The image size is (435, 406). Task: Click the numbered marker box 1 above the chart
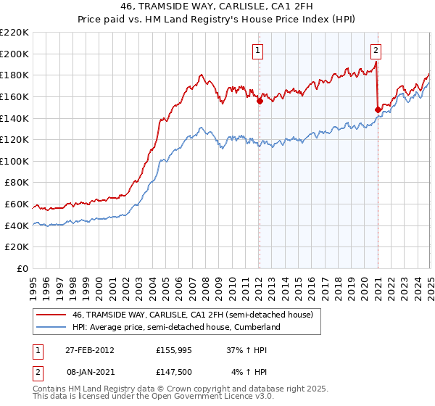click(x=259, y=51)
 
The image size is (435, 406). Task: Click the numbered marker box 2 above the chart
click(x=376, y=51)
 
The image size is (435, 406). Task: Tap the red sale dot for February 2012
click(x=260, y=101)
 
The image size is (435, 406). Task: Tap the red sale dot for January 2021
click(x=378, y=109)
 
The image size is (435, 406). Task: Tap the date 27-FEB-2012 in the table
click(x=90, y=349)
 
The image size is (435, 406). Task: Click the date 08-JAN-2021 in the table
click(x=90, y=372)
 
